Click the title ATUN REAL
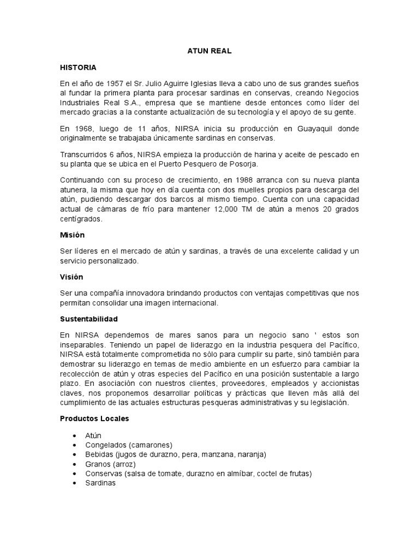[x=209, y=51]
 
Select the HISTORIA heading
[x=78, y=68]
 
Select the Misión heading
[x=73, y=235]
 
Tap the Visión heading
[x=71, y=277]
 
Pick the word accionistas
[x=337, y=383]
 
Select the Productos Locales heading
[x=94, y=418]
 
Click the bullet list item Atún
[x=93, y=435]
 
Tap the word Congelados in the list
[x=104, y=445]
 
